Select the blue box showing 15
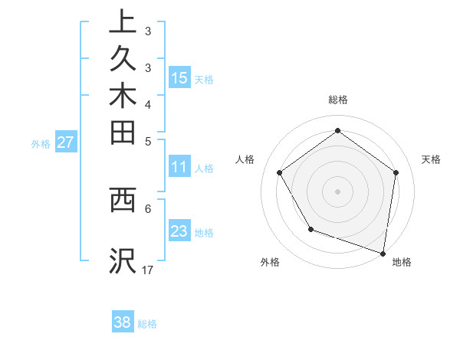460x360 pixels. pyautogui.click(x=179, y=77)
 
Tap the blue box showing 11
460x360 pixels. pyautogui.click(x=179, y=167)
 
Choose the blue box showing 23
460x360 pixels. pyautogui.click(x=179, y=231)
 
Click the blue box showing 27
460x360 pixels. pyautogui.click(x=66, y=142)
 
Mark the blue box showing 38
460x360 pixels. pyautogui.click(x=123, y=322)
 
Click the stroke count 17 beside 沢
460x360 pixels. pyautogui.click(x=148, y=270)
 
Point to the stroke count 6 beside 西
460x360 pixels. pyautogui.click(x=148, y=208)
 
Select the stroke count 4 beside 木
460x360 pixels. pyautogui.click(x=148, y=104)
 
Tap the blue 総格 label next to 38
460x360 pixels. pyautogui.click(x=148, y=324)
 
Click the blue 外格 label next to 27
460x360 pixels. pyautogui.click(x=41, y=143)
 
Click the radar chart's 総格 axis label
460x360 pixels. pyautogui.click(x=338, y=100)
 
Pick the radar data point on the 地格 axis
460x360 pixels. pyautogui.click(x=383, y=252)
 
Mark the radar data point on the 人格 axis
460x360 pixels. pyautogui.click(x=279, y=173)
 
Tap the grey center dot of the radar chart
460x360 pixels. pyautogui.click(x=337, y=191)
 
